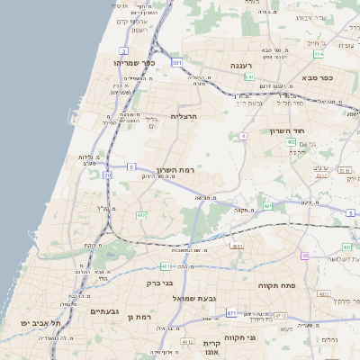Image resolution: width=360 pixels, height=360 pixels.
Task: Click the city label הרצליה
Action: [184, 116]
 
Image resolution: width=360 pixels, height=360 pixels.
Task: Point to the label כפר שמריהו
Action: [135, 63]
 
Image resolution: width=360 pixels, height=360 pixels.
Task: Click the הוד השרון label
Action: [314, 130]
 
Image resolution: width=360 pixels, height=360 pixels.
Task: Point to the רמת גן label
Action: [143, 317]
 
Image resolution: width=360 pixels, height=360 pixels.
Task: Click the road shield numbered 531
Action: [177, 62]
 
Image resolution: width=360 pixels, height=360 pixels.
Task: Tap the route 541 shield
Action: [249, 78]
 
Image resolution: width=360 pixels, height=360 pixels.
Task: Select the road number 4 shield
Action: [243, 136]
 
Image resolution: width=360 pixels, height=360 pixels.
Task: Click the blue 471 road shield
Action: [232, 313]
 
